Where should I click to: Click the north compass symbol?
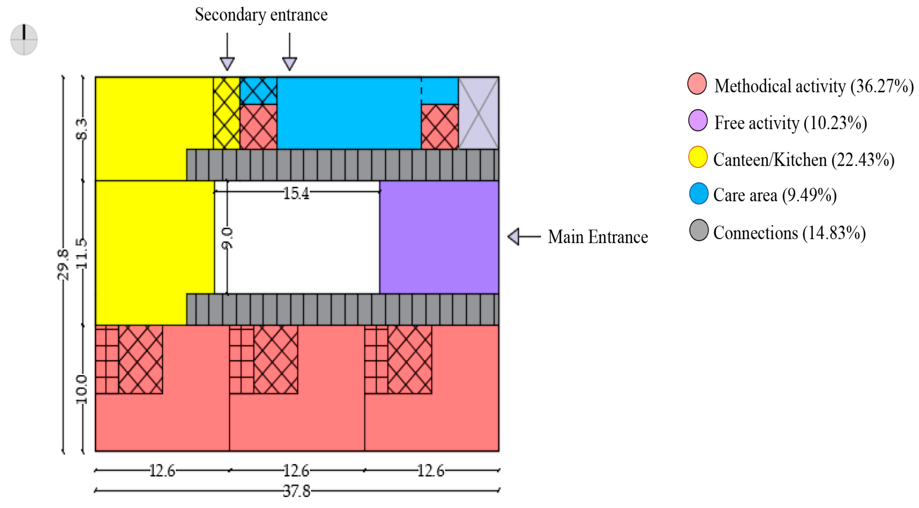coord(24,40)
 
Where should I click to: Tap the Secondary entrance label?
coord(261,15)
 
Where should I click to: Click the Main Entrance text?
coord(598,237)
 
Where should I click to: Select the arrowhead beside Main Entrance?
coord(514,237)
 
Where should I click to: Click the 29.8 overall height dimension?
coord(63,265)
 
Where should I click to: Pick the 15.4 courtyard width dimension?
coord(296,193)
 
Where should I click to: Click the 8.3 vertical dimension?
coord(82,129)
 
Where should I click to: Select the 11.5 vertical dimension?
coord(82,253)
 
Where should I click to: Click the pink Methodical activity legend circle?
coord(697,84)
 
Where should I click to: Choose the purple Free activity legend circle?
coord(697,120)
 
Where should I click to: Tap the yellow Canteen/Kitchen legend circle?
coord(697,157)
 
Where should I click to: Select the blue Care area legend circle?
coord(698,193)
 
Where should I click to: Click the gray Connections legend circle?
coord(698,230)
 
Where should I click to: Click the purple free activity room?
coord(439,237)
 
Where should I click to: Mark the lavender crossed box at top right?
coord(478,113)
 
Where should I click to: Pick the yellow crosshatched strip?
coord(226,113)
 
